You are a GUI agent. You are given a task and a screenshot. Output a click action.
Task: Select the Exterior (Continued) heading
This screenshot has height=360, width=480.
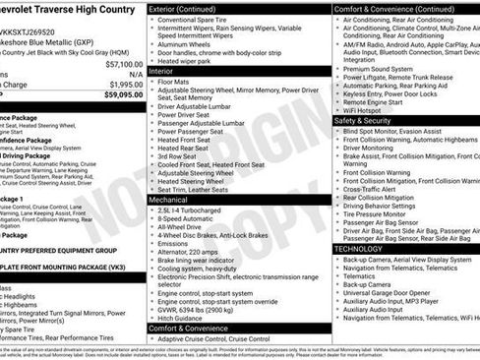click(x=189, y=9)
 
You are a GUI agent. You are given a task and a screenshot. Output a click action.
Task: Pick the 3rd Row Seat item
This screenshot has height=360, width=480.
click(x=180, y=155)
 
